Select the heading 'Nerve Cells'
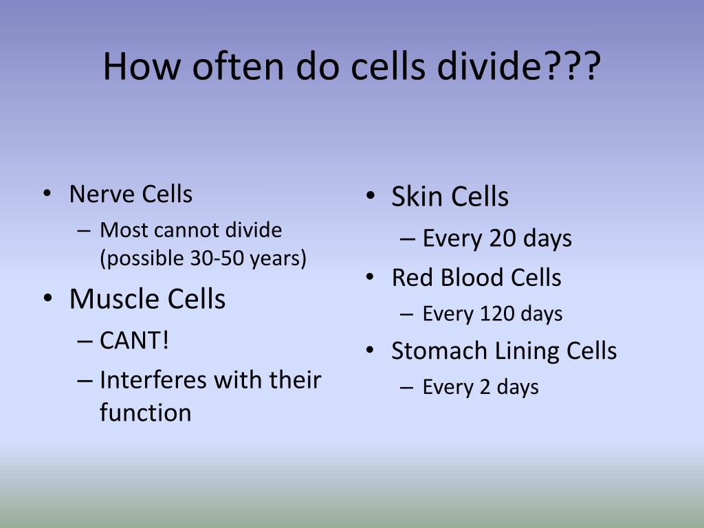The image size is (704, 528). (131, 195)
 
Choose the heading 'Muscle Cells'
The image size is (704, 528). (147, 299)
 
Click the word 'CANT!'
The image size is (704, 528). (134, 340)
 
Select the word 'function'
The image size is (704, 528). (145, 412)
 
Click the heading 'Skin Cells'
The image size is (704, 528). (450, 197)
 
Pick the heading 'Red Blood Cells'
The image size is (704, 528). (476, 278)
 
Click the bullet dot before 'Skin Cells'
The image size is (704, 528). (370, 197)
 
